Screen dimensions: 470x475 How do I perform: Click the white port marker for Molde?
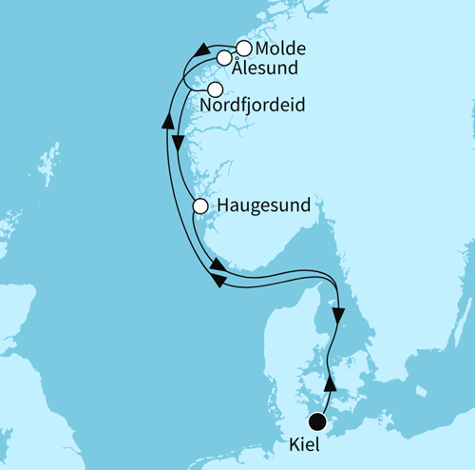(244, 48)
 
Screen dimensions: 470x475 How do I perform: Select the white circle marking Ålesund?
(224, 58)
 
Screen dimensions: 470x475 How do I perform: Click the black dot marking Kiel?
(317, 421)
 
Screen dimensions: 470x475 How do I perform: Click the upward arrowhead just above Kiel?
(331, 382)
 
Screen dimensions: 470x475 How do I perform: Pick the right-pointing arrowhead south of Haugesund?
(218, 264)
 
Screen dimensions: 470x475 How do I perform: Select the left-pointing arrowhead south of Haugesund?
(218, 281)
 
